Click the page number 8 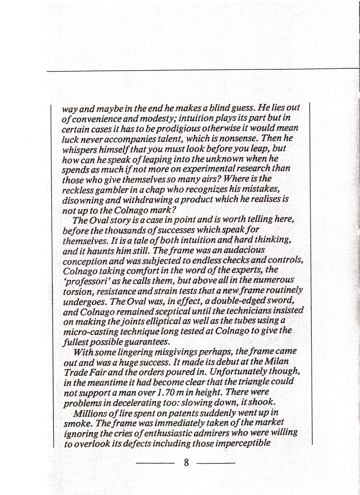tap(186, 462)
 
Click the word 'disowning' tap(81, 199)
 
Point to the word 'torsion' tap(76, 291)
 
